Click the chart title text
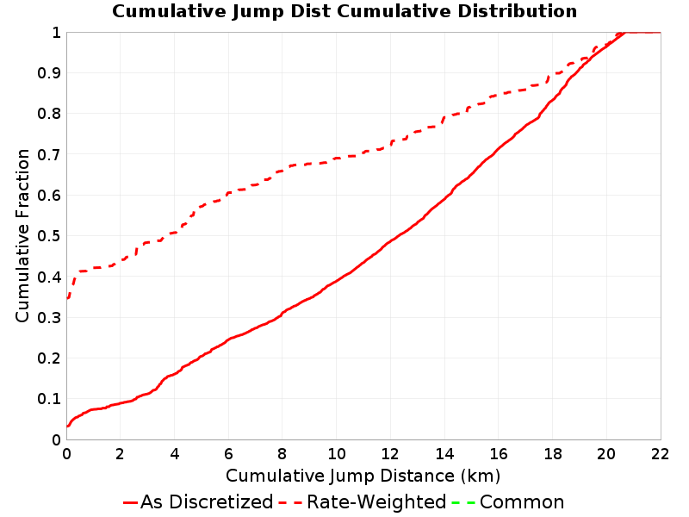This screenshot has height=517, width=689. [x=344, y=11]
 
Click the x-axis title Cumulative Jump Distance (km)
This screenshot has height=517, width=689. [x=363, y=476]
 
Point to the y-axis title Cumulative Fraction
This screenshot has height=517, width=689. [x=22, y=235]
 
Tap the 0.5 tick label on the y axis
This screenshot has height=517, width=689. [x=49, y=236]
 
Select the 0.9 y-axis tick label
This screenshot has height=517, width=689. [x=49, y=73]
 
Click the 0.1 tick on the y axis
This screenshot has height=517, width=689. [x=49, y=399]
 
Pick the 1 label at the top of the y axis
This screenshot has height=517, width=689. [x=56, y=33]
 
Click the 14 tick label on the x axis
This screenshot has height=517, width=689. [x=444, y=454]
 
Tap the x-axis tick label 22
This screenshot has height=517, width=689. [x=661, y=454]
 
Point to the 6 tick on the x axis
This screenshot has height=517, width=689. [x=228, y=454]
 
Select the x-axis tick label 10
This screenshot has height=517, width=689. [x=337, y=454]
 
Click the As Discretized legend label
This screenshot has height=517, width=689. [x=207, y=502]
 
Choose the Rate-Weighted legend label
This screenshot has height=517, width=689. [x=376, y=502]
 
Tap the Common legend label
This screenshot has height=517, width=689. [x=522, y=502]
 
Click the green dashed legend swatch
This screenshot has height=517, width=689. [x=463, y=502]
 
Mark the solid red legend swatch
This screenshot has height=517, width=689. [x=131, y=502]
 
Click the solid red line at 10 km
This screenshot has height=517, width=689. [x=337, y=281]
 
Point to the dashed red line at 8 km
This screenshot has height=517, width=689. [x=282, y=171]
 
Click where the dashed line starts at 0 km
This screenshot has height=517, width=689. [x=67, y=298]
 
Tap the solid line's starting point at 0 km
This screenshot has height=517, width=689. [x=67, y=426]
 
